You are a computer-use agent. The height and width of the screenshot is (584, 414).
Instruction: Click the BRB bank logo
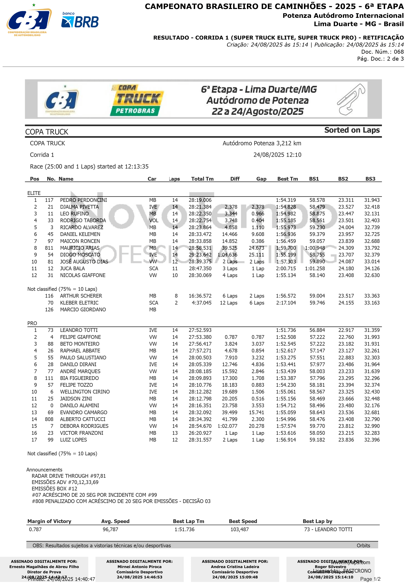[x=80, y=20]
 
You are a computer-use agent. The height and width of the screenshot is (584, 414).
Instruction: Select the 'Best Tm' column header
[x=287, y=179]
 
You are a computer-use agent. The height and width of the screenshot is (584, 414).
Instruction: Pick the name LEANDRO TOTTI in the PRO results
[x=79, y=330]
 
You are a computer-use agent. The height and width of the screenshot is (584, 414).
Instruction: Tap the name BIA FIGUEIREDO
[x=79, y=378]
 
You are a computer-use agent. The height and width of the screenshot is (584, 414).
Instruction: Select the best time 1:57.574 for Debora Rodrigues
[x=286, y=426]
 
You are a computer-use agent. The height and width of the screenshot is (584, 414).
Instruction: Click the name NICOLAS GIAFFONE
[x=83, y=275]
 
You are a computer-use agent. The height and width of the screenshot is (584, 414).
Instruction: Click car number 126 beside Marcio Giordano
[x=49, y=310]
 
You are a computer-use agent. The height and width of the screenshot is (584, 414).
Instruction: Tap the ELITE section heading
[x=34, y=193]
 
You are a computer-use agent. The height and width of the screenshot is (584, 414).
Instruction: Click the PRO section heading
[x=32, y=323]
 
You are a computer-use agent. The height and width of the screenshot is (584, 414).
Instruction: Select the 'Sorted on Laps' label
[x=352, y=130]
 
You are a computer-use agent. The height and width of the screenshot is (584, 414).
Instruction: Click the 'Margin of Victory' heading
[x=49, y=521]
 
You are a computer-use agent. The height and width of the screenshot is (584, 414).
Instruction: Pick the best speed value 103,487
[x=239, y=530]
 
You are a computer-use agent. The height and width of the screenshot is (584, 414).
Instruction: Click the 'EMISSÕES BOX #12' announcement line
[x=54, y=488]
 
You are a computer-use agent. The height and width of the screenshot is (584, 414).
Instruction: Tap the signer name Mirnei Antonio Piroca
[x=139, y=567]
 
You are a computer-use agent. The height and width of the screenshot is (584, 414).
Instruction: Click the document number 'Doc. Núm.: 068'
[x=382, y=52]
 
